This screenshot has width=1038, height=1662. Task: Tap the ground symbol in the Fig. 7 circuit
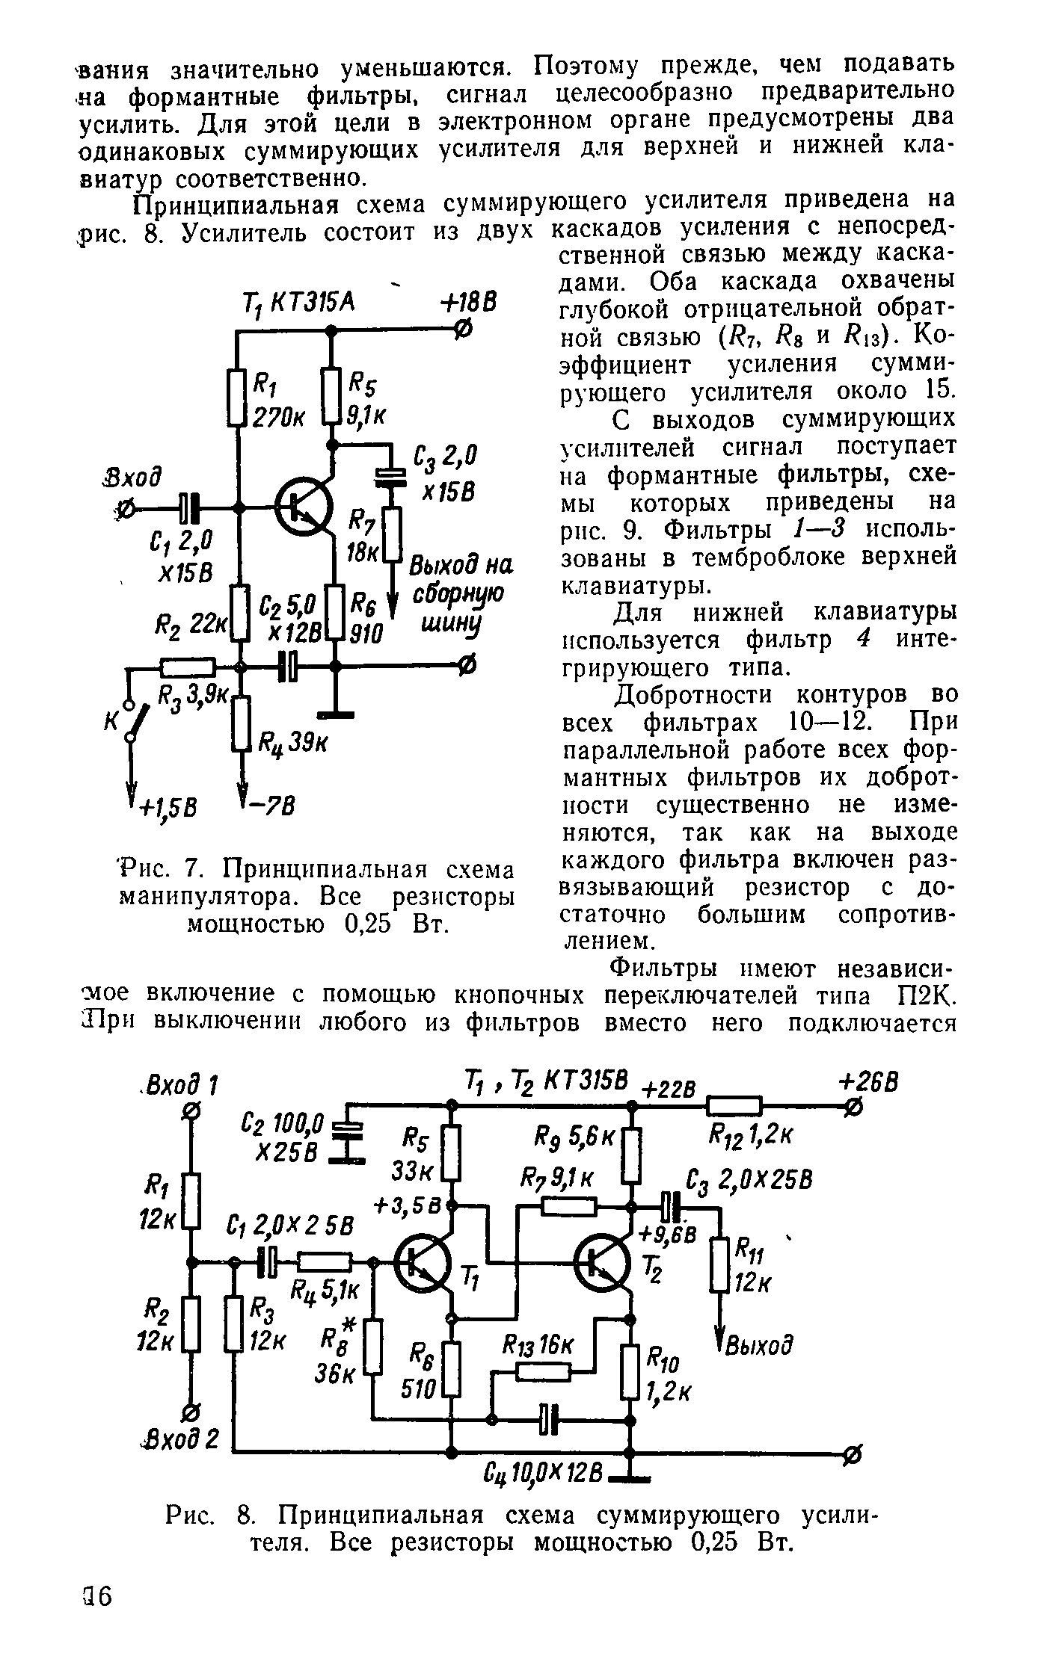pyautogui.click(x=334, y=714)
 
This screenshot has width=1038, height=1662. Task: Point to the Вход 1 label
pyautogui.click(x=182, y=1083)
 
